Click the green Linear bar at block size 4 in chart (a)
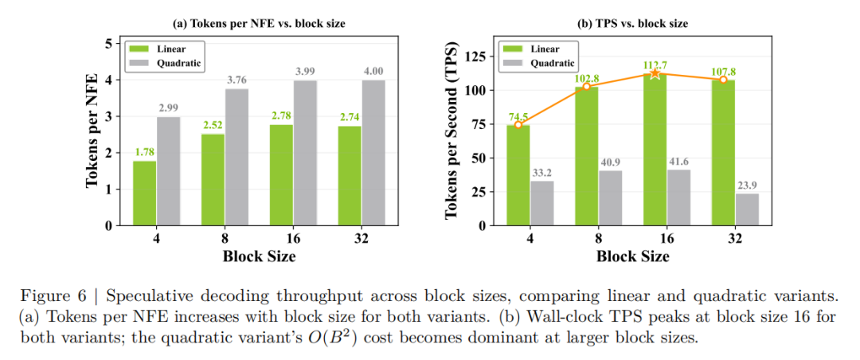144,194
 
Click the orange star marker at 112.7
655,73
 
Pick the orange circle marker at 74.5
518,124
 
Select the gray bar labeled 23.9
747,209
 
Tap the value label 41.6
678,162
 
